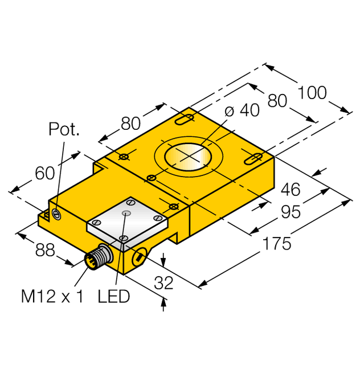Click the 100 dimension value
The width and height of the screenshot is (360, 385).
coord(313,92)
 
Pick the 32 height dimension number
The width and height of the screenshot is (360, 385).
coord(164,283)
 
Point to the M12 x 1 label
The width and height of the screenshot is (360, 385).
coord(52,296)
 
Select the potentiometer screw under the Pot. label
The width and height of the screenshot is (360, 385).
coord(56,215)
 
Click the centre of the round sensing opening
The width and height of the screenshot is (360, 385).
coord(187,157)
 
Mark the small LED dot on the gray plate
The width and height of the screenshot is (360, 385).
coord(126,214)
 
